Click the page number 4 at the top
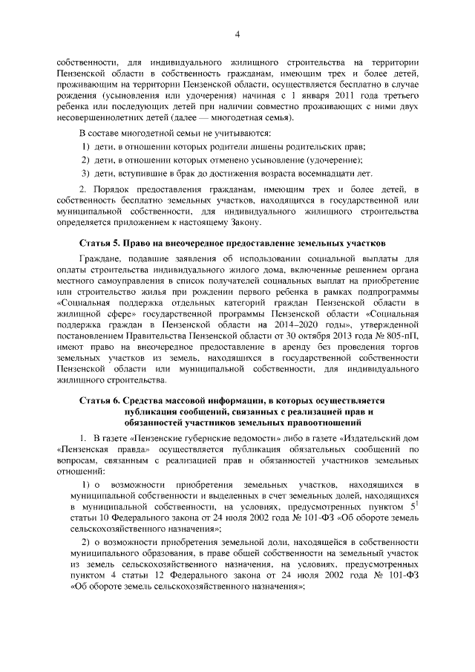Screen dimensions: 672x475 pos(237,33)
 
